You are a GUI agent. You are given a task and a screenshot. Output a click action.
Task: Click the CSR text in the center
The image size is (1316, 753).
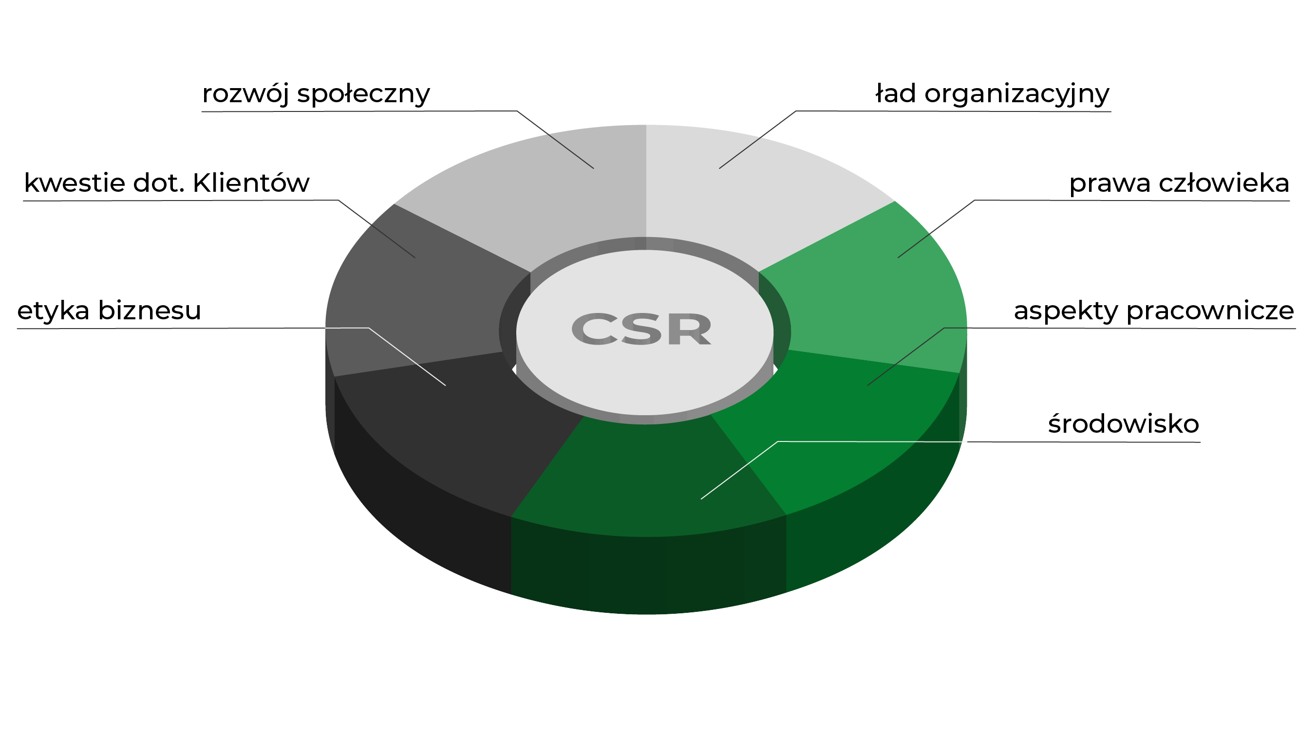pyautogui.click(x=642, y=329)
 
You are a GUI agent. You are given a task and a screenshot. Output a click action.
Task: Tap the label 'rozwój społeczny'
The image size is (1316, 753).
pyautogui.click(x=316, y=94)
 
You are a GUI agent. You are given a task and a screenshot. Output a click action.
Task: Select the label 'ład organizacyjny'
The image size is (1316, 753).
pyautogui.click(x=992, y=94)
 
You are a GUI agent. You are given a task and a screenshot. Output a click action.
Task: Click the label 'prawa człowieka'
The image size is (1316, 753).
pyautogui.click(x=1179, y=184)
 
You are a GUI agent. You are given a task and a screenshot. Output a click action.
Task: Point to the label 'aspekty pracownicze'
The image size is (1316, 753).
pyautogui.click(x=1153, y=312)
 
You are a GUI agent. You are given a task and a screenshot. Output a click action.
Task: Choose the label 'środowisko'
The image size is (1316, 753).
pyautogui.click(x=1123, y=424)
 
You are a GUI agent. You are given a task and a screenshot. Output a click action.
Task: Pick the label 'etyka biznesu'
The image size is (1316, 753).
pyautogui.click(x=109, y=312)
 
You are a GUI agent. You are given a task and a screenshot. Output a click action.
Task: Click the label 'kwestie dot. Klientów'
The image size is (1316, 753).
pyautogui.click(x=167, y=184)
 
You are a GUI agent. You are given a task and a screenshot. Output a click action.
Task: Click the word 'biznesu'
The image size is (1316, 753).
pyautogui.click(x=149, y=312)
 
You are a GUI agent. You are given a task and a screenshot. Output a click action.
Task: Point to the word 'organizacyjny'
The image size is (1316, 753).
pyautogui.click(x=1017, y=94)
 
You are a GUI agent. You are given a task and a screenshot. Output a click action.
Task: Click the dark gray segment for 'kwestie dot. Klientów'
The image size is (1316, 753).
pyautogui.click(x=414, y=300)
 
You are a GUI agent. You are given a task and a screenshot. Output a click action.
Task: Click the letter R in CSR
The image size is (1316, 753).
pyautogui.click(x=690, y=329)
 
